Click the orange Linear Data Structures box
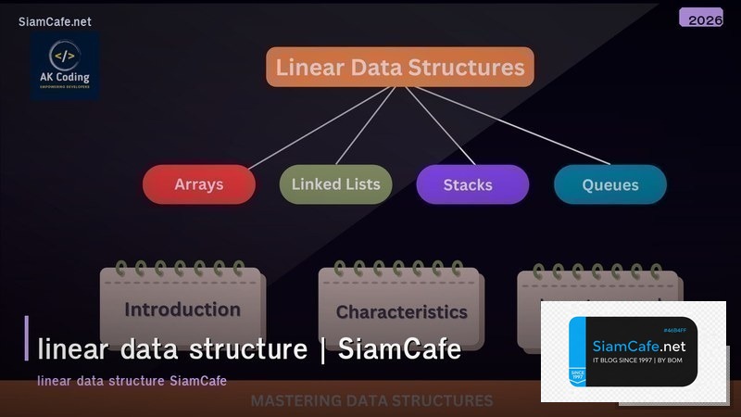pyautogui.click(x=400, y=68)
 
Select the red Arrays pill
pyautogui.click(x=198, y=184)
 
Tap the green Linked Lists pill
pyautogui.click(x=335, y=184)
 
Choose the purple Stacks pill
pyautogui.click(x=472, y=184)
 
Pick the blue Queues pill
pyautogui.click(x=609, y=184)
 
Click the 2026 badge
pyautogui.click(x=700, y=18)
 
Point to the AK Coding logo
pyautogui.click(x=64, y=66)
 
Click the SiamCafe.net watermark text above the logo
pyautogui.click(x=55, y=21)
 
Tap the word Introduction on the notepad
pyautogui.click(x=182, y=310)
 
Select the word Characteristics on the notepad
pyautogui.click(x=401, y=312)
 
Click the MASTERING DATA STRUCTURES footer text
pyautogui.click(x=371, y=401)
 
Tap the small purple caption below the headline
pyautogui.click(x=132, y=381)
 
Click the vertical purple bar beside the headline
pyautogui.click(x=27, y=337)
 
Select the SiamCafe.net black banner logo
pyautogui.click(x=633, y=351)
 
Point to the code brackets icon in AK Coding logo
pyautogui.click(x=64, y=55)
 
